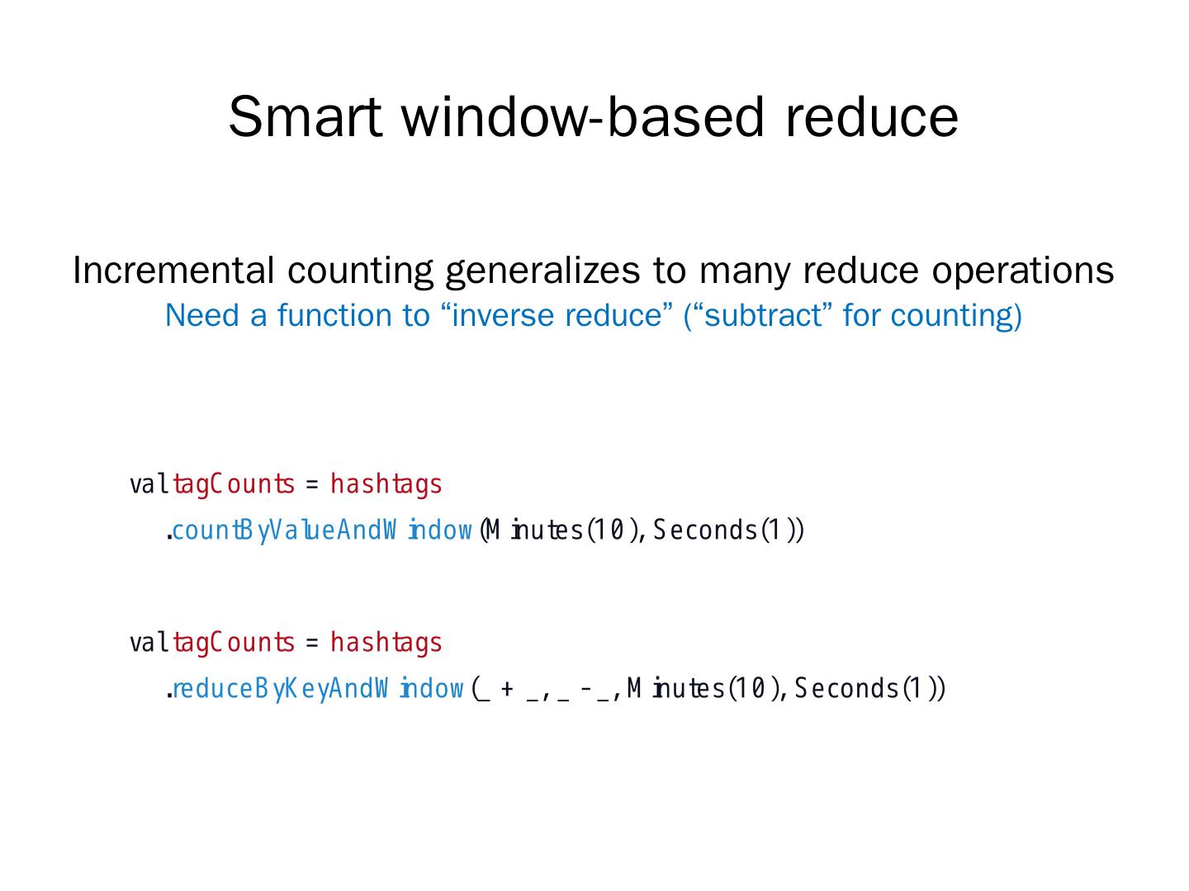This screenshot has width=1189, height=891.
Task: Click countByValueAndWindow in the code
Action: coord(322,530)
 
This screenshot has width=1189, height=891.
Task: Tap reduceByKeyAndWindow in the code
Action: coord(318,688)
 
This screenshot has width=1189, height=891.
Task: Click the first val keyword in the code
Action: coord(149,484)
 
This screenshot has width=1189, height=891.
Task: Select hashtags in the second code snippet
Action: coord(386,643)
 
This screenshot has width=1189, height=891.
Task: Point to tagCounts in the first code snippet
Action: coord(233,484)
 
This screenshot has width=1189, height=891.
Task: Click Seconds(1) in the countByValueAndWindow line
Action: coord(727,530)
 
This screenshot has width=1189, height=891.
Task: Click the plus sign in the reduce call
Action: coord(506,688)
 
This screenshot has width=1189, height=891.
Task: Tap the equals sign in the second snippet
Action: coord(311,643)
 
